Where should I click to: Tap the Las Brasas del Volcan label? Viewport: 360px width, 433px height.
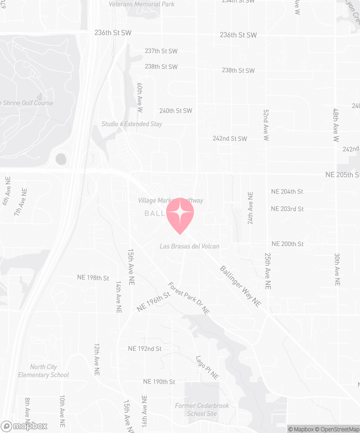[189, 246]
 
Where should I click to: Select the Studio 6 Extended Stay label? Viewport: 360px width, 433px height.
[132, 124]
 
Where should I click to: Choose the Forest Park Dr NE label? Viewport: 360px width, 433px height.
[189, 298]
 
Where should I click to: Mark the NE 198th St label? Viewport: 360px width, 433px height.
[91, 277]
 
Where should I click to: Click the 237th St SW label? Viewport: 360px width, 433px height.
[161, 51]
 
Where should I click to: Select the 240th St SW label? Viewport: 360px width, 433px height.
[176, 111]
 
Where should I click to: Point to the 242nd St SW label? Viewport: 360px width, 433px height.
[230, 138]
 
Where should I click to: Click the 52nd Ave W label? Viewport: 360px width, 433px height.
[266, 124]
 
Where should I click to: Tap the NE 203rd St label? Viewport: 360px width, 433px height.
[287, 209]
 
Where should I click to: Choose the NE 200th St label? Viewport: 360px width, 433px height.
[287, 244]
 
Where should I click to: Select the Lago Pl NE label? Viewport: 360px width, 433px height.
[207, 367]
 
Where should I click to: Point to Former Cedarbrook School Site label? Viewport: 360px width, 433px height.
[202, 410]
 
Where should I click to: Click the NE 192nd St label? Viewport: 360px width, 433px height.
[145, 349]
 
